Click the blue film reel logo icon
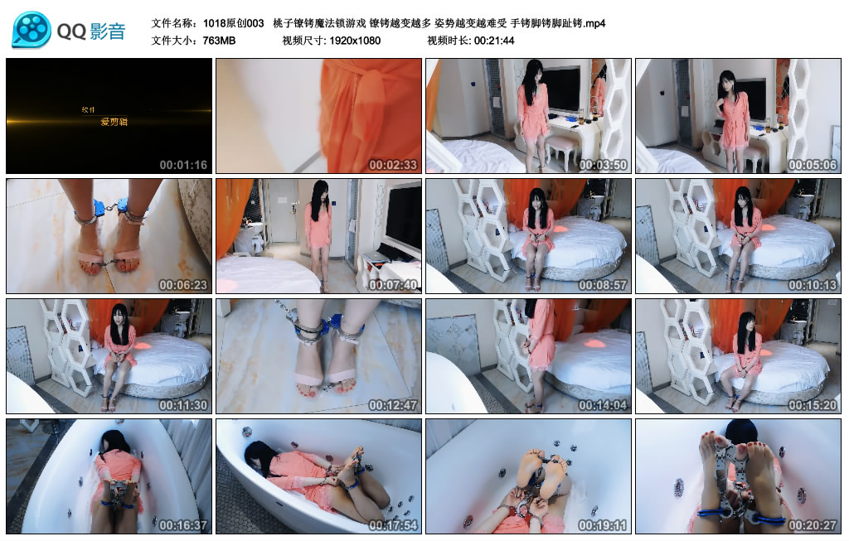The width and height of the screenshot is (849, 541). (x=32, y=30)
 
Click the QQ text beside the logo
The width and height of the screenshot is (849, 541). (x=71, y=31)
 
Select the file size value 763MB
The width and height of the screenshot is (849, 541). (x=219, y=41)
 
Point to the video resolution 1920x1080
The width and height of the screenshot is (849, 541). (x=355, y=41)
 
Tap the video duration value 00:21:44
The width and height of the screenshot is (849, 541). (x=494, y=41)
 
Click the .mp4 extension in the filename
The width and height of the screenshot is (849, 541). (x=594, y=23)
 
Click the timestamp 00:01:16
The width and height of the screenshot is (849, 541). (x=183, y=165)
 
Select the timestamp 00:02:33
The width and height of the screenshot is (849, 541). (x=393, y=165)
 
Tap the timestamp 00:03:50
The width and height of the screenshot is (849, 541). (x=604, y=165)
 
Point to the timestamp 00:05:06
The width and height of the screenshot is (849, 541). (x=813, y=165)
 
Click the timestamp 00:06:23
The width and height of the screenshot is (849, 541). (x=183, y=285)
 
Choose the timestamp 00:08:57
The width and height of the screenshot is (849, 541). (x=604, y=285)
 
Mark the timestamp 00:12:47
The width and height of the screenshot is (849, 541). (x=393, y=405)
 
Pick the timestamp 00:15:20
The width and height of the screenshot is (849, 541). (x=813, y=405)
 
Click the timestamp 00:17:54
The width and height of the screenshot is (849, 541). (x=393, y=525)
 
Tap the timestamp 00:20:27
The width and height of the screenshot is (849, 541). (x=813, y=525)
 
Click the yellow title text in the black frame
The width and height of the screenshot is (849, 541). (x=114, y=122)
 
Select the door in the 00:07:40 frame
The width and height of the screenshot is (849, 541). (x=283, y=211)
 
